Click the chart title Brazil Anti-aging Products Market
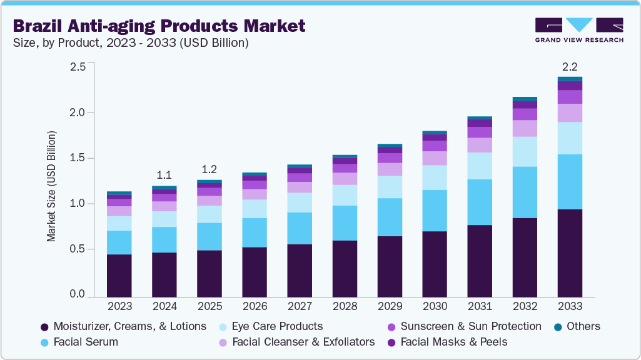[x=159, y=26]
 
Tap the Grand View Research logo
[x=578, y=30]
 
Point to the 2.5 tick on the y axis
[x=77, y=67]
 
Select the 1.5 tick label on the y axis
[x=77, y=158]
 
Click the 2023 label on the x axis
[x=119, y=306]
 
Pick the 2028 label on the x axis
[x=345, y=306]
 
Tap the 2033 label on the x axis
[x=570, y=306]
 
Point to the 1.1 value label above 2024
[x=164, y=174]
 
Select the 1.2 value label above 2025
[x=209, y=170]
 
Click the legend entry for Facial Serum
[x=85, y=342]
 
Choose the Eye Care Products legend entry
[x=276, y=326]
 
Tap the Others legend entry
[x=583, y=326]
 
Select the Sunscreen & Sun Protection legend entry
[x=470, y=326]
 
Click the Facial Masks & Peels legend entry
[x=453, y=342]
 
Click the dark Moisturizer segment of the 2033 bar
[x=570, y=252]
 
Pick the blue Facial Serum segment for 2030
[x=435, y=211]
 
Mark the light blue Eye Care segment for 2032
[x=525, y=152]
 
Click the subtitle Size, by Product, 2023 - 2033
[x=131, y=43]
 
